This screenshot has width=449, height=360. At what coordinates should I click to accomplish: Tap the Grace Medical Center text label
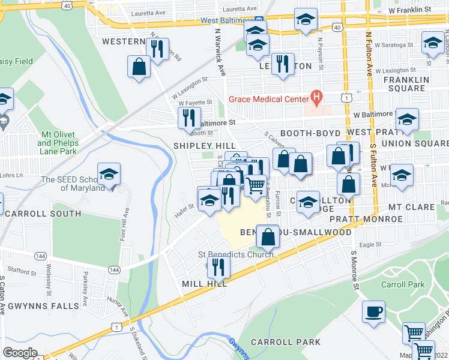tap(267, 99)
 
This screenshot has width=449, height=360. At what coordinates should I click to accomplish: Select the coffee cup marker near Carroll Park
tap(374, 312)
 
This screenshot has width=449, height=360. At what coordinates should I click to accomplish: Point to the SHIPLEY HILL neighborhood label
tap(196, 146)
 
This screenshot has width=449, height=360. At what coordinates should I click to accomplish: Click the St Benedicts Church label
tap(236, 254)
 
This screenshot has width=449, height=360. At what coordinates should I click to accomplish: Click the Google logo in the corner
tap(20, 353)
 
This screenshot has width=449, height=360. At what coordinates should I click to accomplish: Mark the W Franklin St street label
tap(409, 11)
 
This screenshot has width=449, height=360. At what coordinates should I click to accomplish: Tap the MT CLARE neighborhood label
tap(411, 207)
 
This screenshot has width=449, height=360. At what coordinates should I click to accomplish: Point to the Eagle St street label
tap(370, 244)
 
